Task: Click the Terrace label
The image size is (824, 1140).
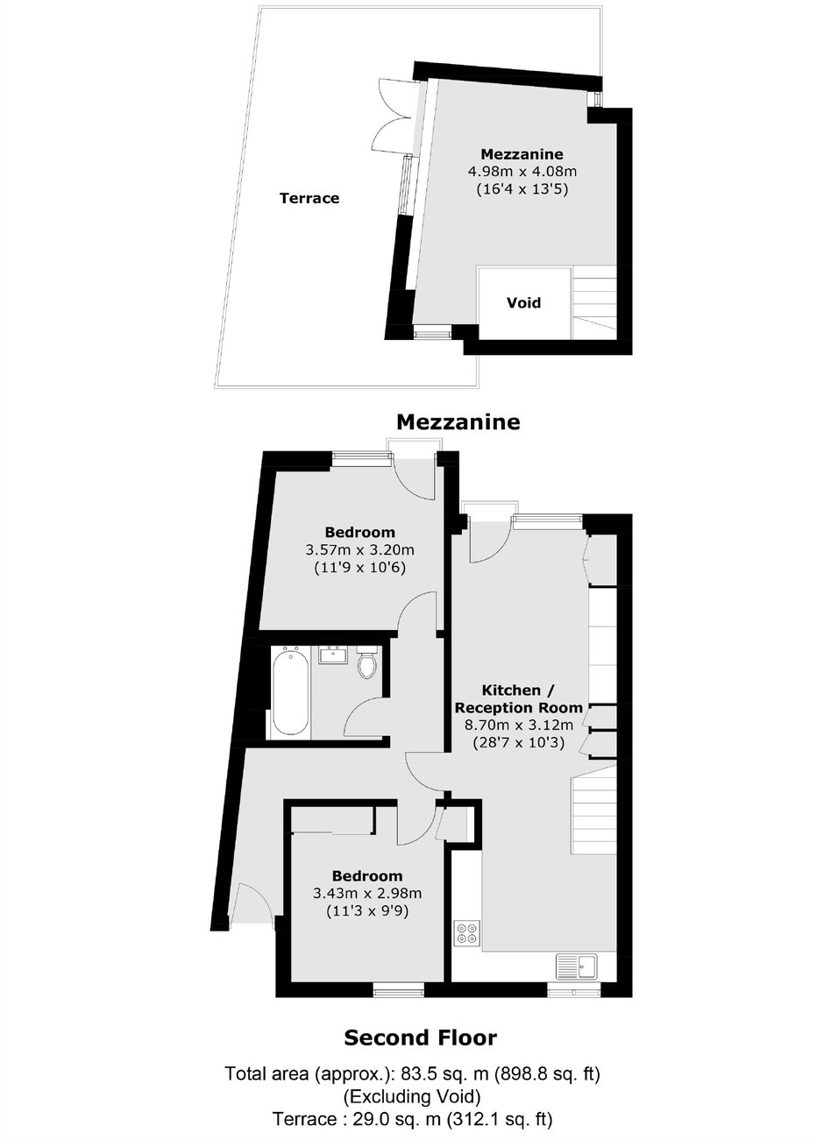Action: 309,198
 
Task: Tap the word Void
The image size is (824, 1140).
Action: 523,303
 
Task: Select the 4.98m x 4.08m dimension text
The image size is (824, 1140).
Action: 522,172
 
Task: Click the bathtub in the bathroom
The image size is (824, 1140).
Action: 290,691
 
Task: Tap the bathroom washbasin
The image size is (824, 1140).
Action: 333,655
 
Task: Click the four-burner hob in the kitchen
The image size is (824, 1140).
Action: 467,933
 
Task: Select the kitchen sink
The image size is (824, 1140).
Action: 579,966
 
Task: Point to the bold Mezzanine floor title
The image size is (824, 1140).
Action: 458,421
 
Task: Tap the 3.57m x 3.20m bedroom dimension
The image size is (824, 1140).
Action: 360,550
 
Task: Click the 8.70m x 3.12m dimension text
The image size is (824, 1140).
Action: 519,725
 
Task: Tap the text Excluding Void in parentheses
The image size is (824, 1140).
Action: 413,1095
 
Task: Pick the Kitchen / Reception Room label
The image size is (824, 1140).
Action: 518,698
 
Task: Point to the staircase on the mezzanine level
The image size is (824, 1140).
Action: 595,302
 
